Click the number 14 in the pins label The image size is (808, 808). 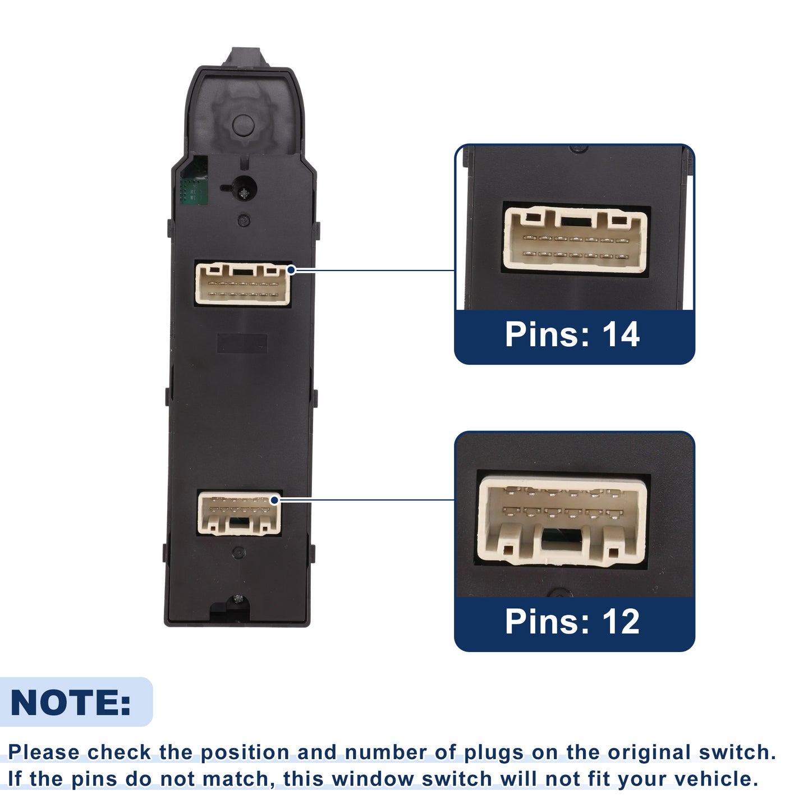coord(621,334)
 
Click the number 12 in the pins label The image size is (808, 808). coord(621,621)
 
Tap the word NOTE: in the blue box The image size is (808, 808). coord(70,703)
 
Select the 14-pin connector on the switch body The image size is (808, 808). coord(243,283)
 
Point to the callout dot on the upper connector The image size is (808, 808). coord(291,270)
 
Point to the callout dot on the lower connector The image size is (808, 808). coord(274,500)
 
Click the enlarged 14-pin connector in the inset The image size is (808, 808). coord(575,238)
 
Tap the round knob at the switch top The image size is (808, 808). coord(243,125)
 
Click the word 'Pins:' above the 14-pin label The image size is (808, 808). coord(548,334)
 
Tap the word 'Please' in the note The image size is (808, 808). coord(44,752)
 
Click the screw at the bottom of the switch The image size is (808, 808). coord(238,598)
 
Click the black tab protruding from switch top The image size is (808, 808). coord(245,57)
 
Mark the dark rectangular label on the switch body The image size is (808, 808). coord(242,343)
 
